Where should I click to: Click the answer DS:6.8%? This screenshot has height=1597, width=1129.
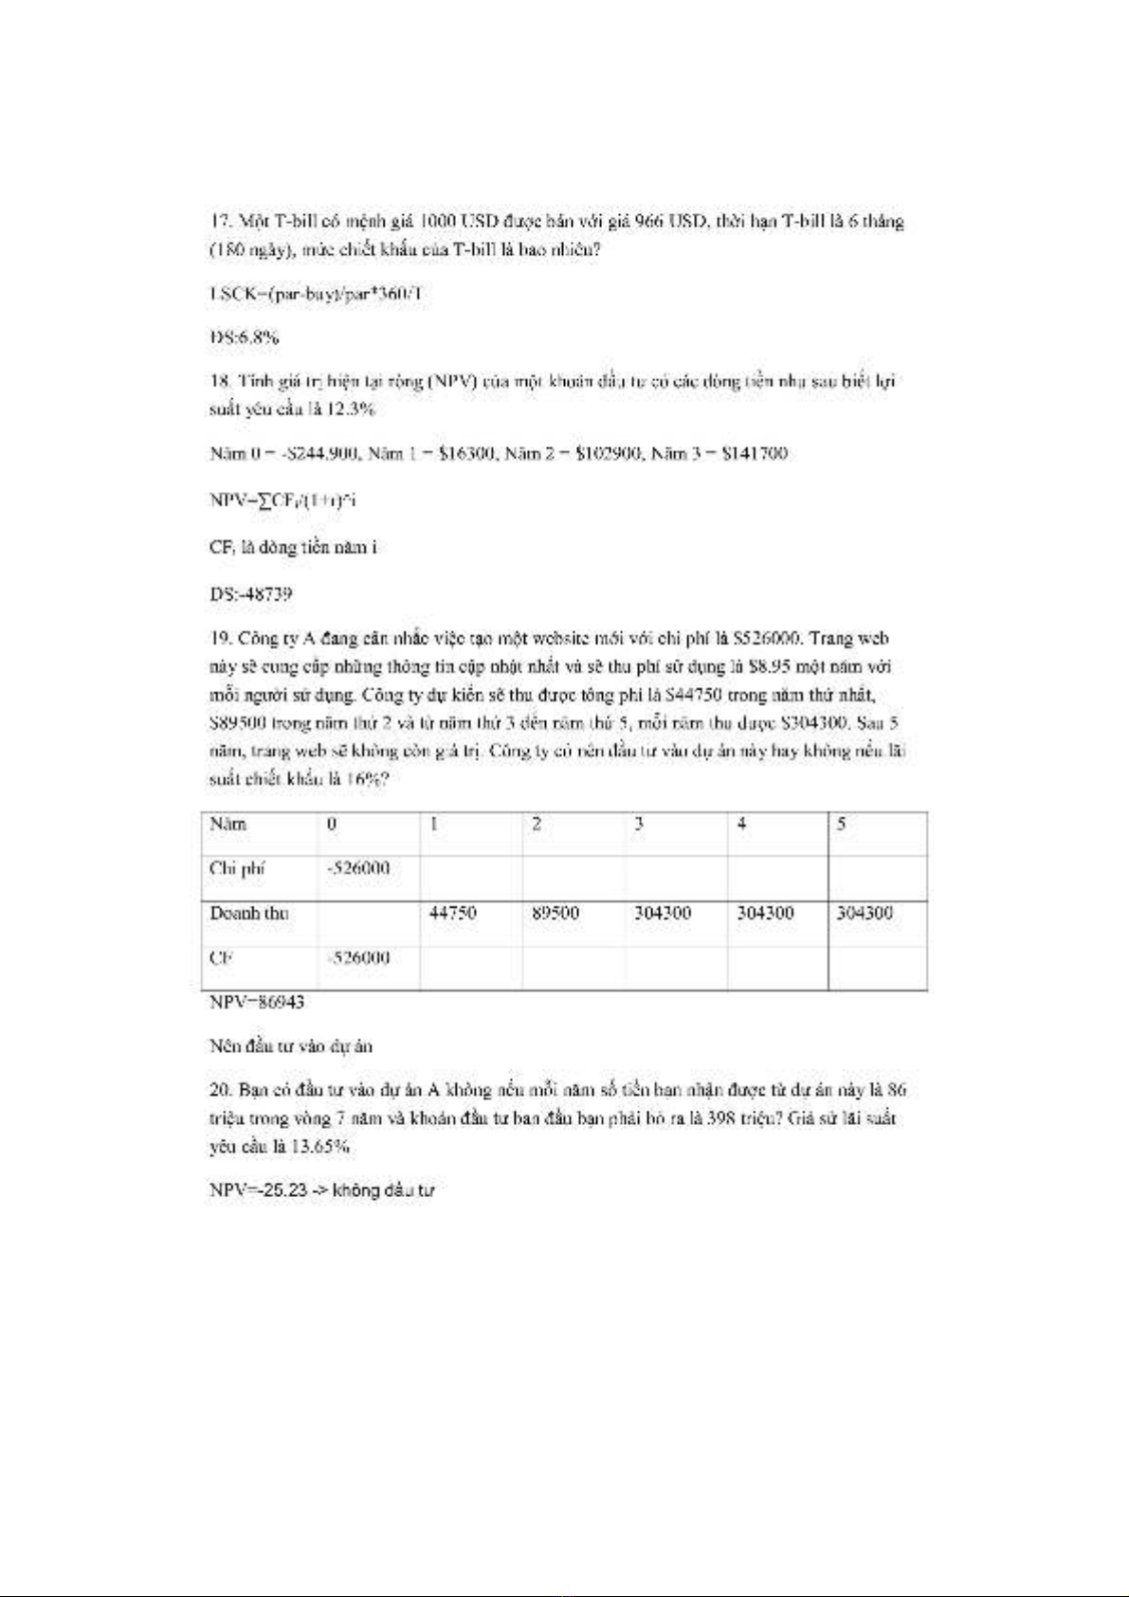coord(244,337)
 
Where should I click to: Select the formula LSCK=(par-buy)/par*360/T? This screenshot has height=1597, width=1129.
coord(316,294)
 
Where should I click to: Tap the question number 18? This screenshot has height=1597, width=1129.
coord(219,381)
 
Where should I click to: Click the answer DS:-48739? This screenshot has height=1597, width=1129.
coord(250,594)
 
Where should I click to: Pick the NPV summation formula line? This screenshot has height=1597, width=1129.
coord(282,499)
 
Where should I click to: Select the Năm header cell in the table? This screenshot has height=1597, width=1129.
coord(228,824)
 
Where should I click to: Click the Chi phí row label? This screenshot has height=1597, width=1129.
coord(237,868)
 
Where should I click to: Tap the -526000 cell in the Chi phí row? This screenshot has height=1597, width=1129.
coord(357,868)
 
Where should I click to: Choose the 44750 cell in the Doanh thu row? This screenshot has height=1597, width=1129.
coord(452,913)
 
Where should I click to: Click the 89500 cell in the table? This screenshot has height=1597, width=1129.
coord(555,913)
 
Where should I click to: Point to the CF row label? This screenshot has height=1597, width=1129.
coord(221,957)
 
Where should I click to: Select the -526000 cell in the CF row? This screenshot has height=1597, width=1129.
coord(357,957)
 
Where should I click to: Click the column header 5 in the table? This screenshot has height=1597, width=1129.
coord(841,824)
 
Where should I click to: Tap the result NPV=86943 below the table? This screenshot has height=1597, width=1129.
coord(256,1002)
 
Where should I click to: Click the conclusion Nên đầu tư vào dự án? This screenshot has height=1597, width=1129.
coord(290,1046)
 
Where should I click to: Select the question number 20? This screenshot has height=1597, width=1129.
coord(220,1090)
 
